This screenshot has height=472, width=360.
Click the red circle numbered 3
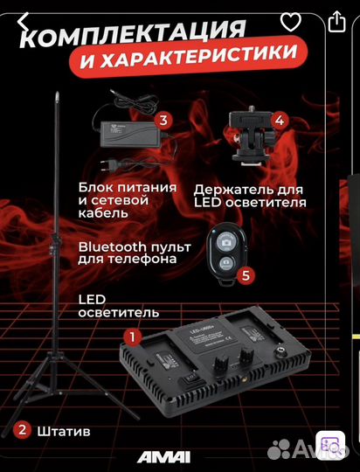pyautogui.click(x=163, y=121)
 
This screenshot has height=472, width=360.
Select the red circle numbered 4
pyautogui.click(x=278, y=121)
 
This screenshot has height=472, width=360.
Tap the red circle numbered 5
pyautogui.click(x=247, y=275)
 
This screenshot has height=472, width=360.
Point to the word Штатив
pyautogui.click(x=63, y=431)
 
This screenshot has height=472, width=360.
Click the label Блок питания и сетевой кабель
pyautogui.click(x=127, y=200)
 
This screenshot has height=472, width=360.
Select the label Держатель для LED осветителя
pyautogui.click(x=249, y=195)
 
